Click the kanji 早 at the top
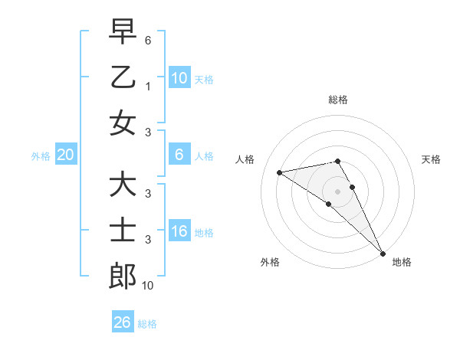[123, 32]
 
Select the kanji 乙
[123, 77]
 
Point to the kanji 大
[123, 185]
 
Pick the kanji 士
[123, 231]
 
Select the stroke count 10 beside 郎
[148, 286]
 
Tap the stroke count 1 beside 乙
[149, 87]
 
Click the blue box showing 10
[179, 77]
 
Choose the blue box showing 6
[179, 155]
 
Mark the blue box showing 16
[179, 231]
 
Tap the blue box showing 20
[65, 155]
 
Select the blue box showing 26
[123, 322]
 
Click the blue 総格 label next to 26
[148, 324]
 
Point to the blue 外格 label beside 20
[41, 156]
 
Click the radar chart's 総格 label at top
[337, 100]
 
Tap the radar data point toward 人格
[280, 172]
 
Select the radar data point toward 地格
[383, 253]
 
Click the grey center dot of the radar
[337, 191]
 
